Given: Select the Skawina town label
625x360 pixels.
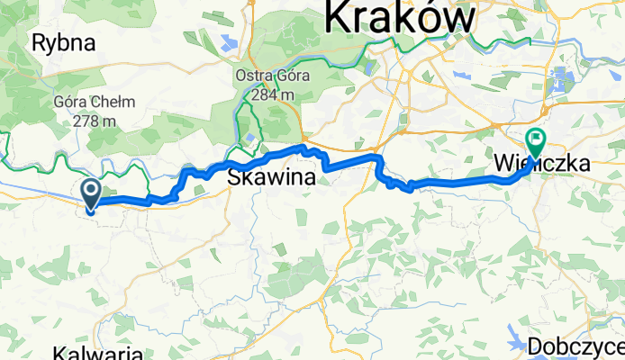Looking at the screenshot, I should click(272, 177).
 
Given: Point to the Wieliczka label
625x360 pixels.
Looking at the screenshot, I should click(542, 165).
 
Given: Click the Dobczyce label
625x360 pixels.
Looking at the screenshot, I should click(575, 346).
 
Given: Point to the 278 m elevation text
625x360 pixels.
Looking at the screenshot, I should click(84, 121).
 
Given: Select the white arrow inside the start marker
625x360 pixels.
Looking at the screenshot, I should click(91, 190).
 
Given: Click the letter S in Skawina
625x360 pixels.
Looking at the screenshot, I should click(236, 177).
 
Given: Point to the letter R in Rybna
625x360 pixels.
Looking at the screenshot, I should click(39, 41).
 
